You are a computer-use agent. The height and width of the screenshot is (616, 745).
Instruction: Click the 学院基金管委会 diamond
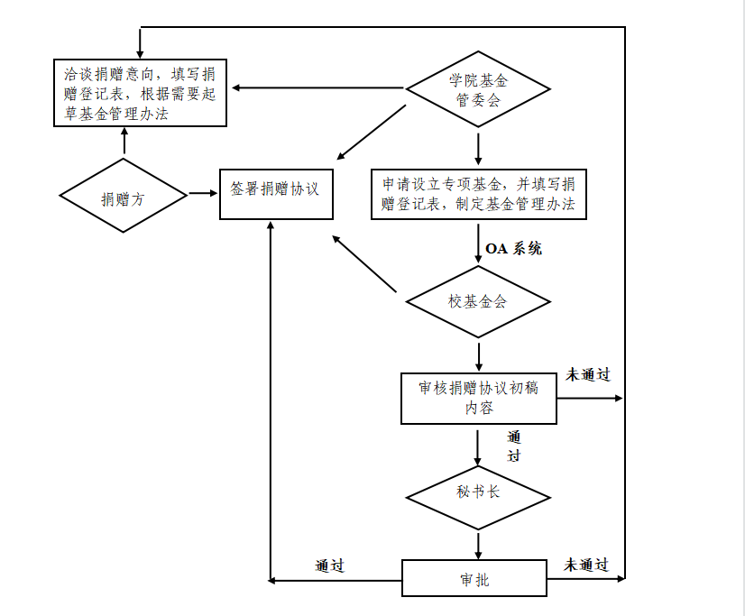coord(477,88)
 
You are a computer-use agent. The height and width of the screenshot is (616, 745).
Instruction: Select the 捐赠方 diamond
coord(123,197)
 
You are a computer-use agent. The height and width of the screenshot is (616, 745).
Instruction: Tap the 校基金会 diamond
coord(477,301)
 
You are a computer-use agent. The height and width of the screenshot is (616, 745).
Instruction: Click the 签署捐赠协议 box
coord(276,191)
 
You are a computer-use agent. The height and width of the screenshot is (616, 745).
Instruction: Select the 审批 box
coord(474,578)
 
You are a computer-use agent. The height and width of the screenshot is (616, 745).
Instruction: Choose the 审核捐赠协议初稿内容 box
coord(478,398)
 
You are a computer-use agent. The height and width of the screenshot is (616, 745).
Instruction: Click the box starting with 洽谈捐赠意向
coord(139,93)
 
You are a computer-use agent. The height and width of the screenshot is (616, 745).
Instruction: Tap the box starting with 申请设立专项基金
coord(478,193)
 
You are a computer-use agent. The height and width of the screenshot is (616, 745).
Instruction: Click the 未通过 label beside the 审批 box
coord(586,565)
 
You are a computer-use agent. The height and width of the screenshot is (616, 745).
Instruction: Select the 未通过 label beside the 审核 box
coord(588,374)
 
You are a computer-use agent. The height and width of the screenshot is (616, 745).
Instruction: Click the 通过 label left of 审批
coord(330,565)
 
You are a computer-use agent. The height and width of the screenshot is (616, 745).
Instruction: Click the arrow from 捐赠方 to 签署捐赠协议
coord(203,193)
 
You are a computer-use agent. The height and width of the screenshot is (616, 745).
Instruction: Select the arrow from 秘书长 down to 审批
coord(477,545)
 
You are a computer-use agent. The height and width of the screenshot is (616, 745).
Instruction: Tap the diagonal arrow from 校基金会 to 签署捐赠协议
coord(364,264)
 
